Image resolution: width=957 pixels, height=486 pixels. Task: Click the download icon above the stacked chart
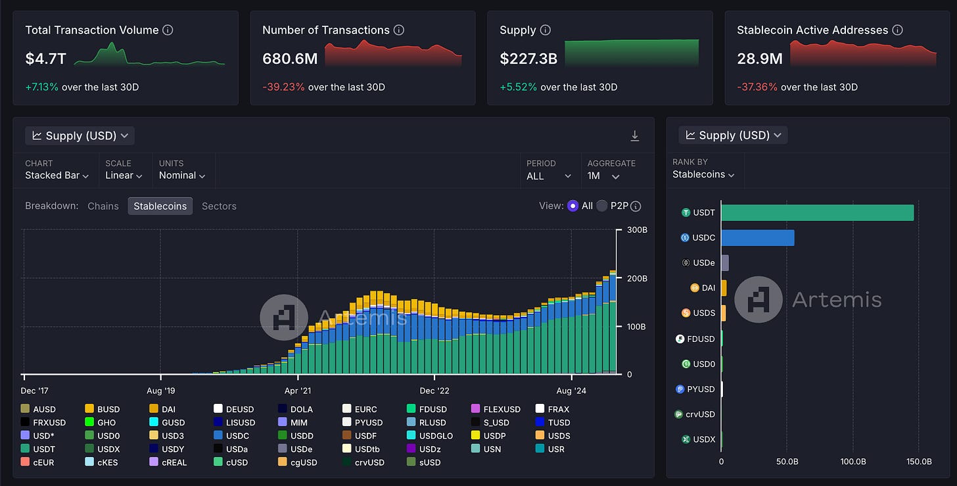click(x=635, y=136)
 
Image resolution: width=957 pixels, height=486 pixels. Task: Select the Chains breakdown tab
click(x=103, y=206)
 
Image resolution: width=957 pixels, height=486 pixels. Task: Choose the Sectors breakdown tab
click(x=219, y=206)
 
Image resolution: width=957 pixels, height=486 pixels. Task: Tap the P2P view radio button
click(x=601, y=206)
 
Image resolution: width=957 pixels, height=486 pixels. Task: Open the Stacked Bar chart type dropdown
click(x=57, y=175)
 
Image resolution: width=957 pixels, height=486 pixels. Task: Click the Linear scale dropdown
click(x=124, y=175)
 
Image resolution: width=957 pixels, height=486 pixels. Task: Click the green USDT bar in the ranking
click(x=817, y=212)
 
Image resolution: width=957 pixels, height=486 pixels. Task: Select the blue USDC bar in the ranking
click(x=758, y=237)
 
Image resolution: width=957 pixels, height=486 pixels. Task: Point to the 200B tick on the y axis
click(x=637, y=278)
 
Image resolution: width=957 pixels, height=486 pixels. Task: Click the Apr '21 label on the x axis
click(x=298, y=391)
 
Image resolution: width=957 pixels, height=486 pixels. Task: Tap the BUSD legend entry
click(x=103, y=409)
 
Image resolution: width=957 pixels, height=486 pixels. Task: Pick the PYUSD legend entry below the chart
click(x=363, y=422)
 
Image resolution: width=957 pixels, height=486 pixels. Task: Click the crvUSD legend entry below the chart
click(x=363, y=462)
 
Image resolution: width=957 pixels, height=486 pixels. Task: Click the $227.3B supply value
click(x=528, y=59)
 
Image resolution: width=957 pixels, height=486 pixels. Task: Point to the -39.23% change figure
click(x=283, y=87)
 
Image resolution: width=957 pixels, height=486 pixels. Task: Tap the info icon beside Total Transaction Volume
click(x=168, y=30)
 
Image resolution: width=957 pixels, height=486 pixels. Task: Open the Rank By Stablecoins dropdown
click(x=703, y=174)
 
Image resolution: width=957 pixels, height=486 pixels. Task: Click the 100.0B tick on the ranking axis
click(x=853, y=462)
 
